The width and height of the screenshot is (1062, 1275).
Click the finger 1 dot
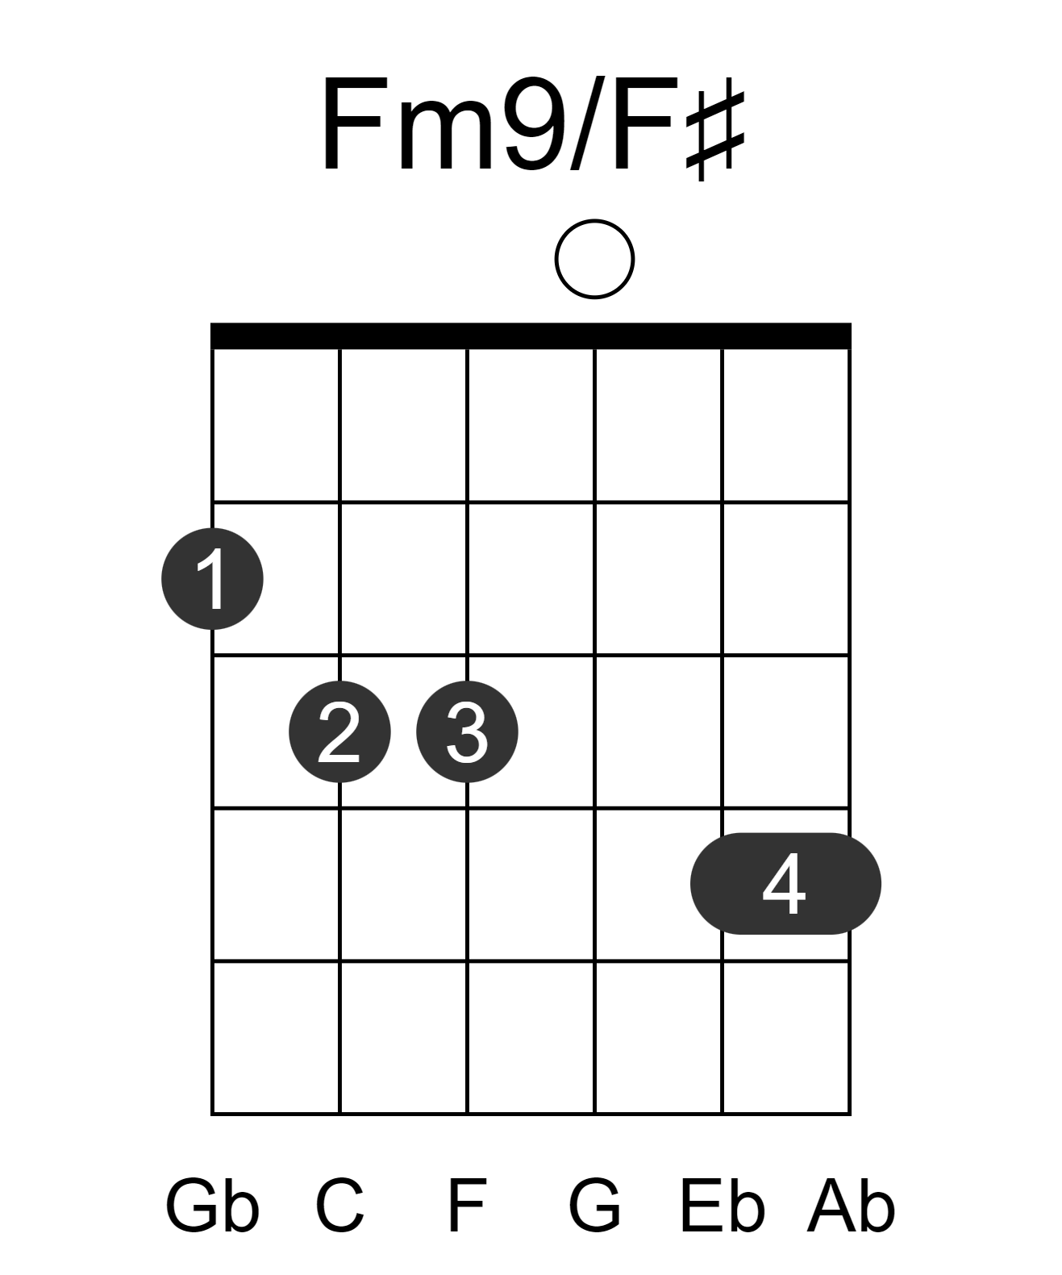point(212,578)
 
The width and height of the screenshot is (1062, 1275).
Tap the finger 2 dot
point(339,731)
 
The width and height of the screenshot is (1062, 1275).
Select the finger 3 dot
point(467,731)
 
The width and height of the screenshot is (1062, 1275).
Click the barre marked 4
point(785,884)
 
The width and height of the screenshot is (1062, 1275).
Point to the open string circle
point(594,260)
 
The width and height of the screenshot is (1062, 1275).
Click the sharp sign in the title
point(715,135)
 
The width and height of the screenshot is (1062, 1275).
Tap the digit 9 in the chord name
point(535,123)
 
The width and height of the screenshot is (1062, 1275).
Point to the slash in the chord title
point(586,123)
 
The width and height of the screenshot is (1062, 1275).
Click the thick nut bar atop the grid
point(531,335)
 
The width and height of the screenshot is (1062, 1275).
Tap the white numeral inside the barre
point(784,884)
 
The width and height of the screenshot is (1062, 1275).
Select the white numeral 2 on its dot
point(339,731)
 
